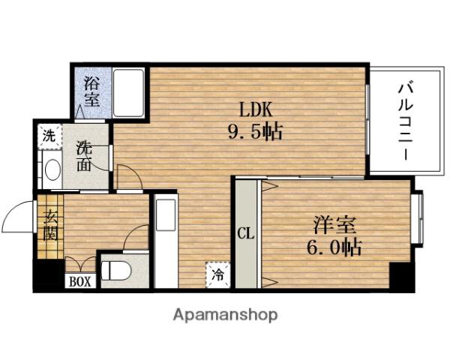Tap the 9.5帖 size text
[x=255, y=133]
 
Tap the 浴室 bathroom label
[x=92, y=89]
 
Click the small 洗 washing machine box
[x=48, y=136]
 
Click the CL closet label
[x=245, y=232]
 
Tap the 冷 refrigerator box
[x=216, y=274]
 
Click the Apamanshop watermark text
[x=226, y=314]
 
